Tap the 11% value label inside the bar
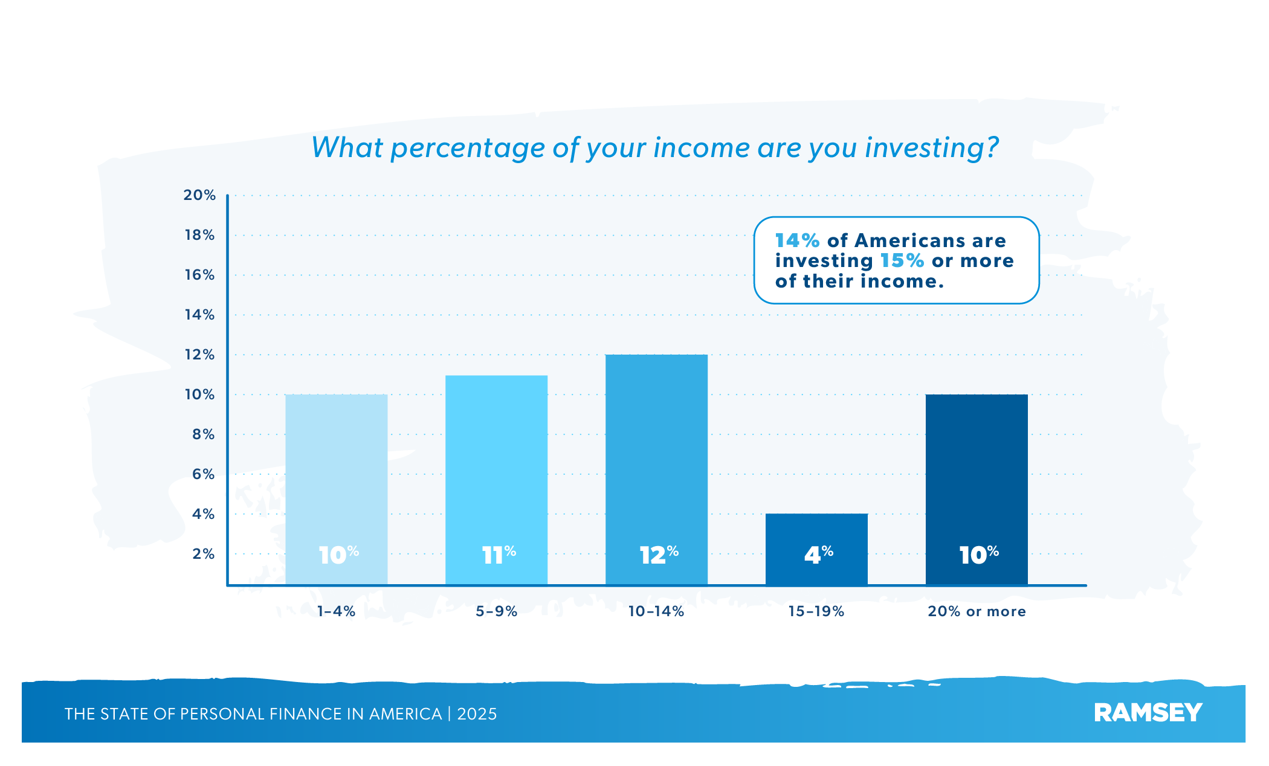click(499, 555)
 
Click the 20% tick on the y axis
click(199, 195)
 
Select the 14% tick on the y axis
click(199, 315)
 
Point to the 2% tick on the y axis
click(203, 554)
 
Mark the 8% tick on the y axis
click(203, 434)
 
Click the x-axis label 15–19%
click(816, 611)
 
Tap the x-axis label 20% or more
click(977, 611)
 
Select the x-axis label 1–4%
click(336, 611)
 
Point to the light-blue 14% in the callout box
click(797, 241)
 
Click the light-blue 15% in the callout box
click(902, 261)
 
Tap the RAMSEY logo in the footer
click(1148, 713)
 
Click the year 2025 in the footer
click(477, 714)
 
